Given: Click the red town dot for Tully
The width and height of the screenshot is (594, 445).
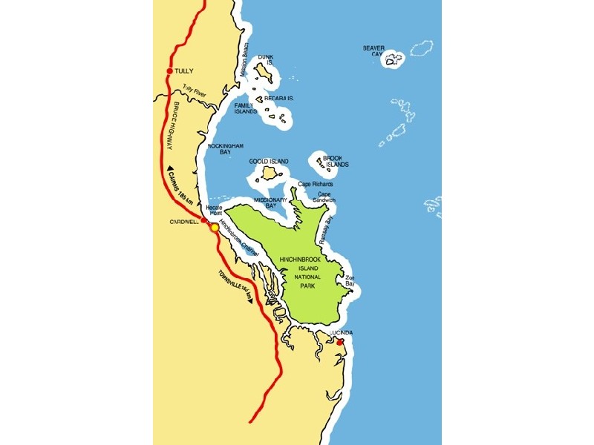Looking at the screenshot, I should coord(170,71).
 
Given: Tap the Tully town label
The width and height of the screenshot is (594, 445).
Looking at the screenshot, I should coord(184,71).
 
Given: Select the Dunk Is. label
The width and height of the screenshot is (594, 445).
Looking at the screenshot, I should coord(266,60).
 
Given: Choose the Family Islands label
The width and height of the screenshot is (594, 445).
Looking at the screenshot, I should coord(245,110).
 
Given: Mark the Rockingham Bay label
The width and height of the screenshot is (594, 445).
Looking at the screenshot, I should coord(225,149).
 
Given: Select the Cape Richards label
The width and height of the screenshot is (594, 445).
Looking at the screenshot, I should coord(316,184).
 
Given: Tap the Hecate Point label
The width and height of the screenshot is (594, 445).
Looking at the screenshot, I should coord(215,211).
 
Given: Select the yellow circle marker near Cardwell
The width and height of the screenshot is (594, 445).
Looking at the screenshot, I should coord(215,228).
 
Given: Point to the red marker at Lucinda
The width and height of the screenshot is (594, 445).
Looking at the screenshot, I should coord(340,343).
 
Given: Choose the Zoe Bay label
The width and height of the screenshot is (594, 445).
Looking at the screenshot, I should coord(350,281).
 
